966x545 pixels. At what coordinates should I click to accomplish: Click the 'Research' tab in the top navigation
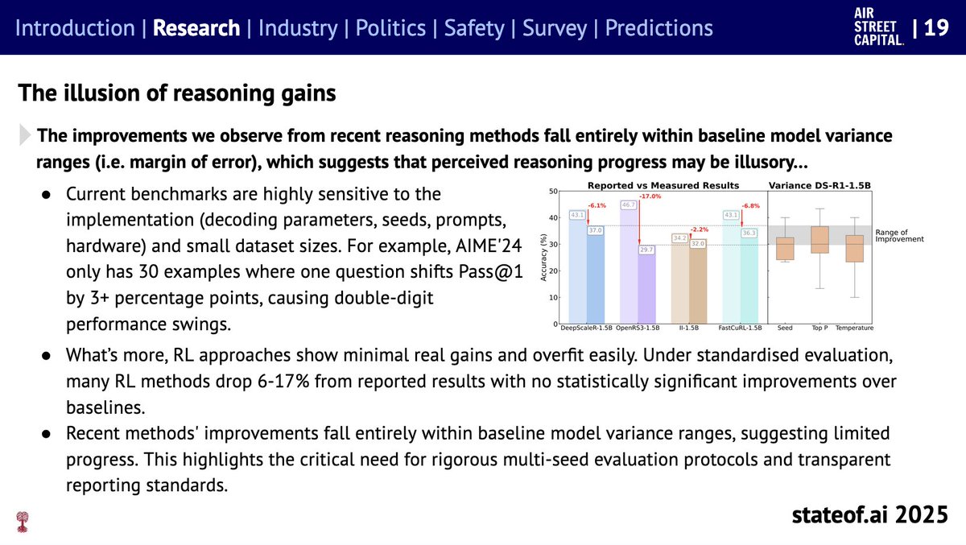pos(196,28)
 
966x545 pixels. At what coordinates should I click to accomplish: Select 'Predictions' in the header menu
pos(658,28)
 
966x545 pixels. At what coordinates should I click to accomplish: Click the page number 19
pos(936,28)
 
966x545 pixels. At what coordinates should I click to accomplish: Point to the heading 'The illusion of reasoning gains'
pos(176,93)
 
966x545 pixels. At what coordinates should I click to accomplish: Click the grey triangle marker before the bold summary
pos(27,135)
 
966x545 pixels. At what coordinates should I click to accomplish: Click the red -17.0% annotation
pos(650,196)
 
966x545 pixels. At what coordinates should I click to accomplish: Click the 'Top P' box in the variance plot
pos(819,240)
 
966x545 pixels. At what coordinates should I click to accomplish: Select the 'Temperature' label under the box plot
pos(855,328)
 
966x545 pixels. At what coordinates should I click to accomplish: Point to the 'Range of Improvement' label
pos(899,236)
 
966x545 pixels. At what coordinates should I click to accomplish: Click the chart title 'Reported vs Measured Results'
pos(646,185)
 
